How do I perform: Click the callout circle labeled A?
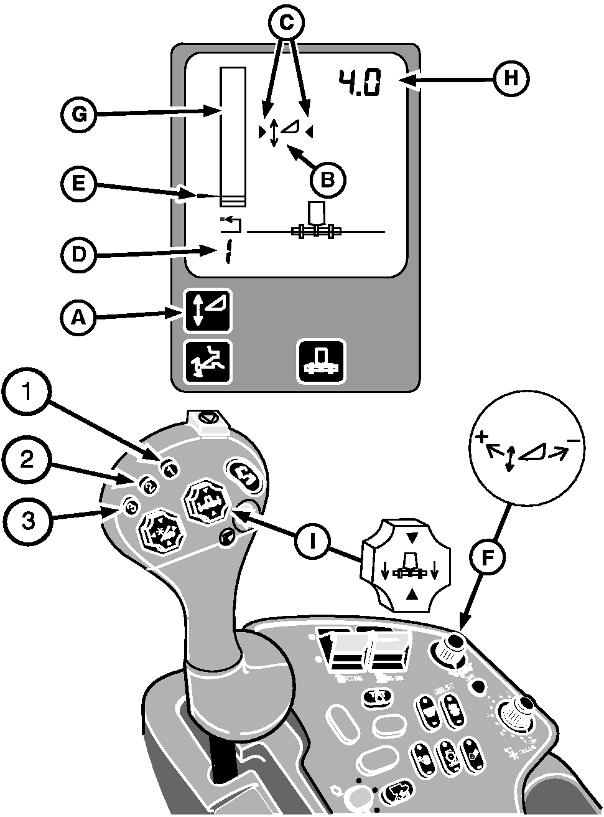tap(78, 318)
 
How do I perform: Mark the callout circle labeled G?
tap(78, 115)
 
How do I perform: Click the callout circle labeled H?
tap(511, 79)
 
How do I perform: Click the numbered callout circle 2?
tap(26, 460)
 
